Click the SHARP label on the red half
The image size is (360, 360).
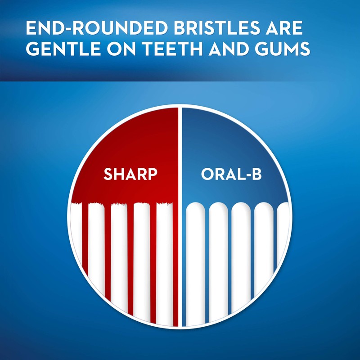(x=130, y=174)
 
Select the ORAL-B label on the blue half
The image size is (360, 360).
(x=231, y=174)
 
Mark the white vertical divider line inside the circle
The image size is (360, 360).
(x=180, y=216)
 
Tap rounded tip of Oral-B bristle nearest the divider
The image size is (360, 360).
(x=195, y=206)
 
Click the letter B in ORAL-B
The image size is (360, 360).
(x=256, y=174)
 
